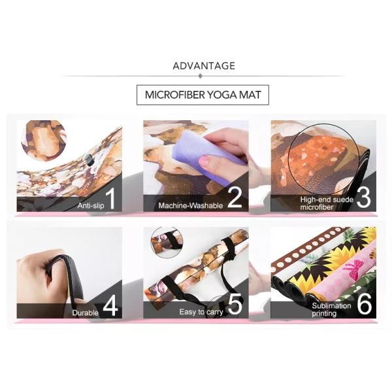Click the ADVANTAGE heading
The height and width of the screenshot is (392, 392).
(x=204, y=66)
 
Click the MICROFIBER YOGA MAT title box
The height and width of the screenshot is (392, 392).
(x=203, y=95)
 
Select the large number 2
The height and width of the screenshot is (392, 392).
(x=235, y=198)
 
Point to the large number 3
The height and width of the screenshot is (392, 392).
(x=364, y=198)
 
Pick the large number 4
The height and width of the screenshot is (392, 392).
(x=110, y=306)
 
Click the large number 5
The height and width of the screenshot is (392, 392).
(x=235, y=304)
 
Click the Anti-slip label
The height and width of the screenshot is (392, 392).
(x=91, y=206)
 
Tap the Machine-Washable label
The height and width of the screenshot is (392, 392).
(x=191, y=206)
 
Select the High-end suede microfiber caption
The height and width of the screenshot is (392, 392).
(x=327, y=203)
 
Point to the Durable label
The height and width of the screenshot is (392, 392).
(x=85, y=313)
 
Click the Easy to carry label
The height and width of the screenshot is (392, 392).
(x=201, y=312)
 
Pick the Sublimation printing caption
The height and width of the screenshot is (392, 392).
(x=331, y=310)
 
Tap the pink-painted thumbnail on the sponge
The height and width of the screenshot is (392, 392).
(x=206, y=161)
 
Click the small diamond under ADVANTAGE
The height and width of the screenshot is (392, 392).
(x=200, y=76)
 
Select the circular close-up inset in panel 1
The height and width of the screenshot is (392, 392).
(x=44, y=140)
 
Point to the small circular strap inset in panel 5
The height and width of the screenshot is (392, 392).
(x=167, y=242)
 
